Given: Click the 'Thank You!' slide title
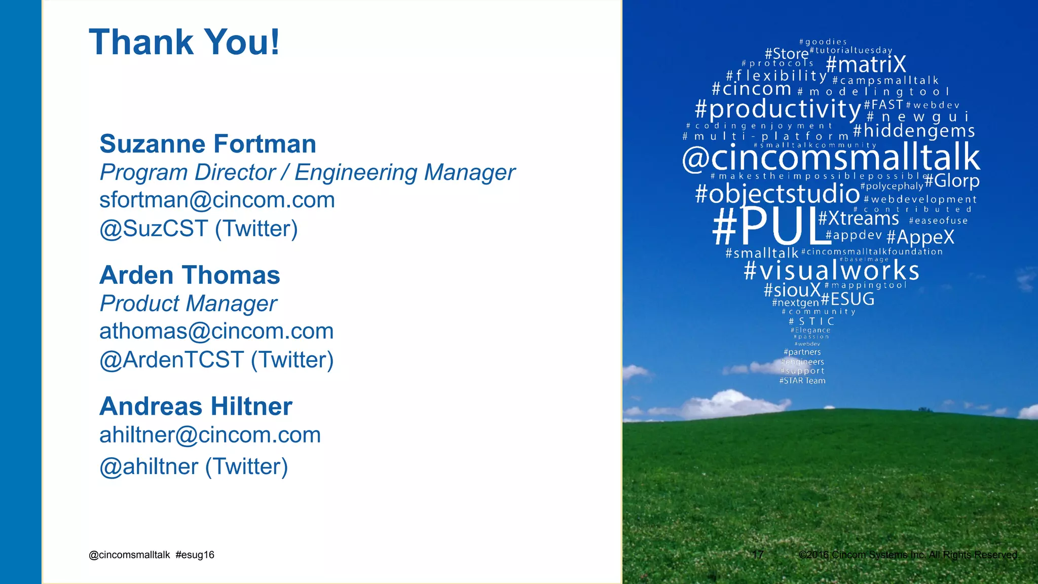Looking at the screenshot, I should click(184, 42).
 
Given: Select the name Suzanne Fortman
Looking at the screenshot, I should click(208, 144).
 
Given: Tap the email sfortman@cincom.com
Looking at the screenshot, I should click(217, 200).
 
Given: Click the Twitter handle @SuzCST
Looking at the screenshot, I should click(154, 229).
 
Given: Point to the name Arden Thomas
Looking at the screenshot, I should click(190, 275).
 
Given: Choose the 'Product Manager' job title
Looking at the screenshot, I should click(188, 304).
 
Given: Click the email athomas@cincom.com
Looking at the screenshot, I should click(216, 332).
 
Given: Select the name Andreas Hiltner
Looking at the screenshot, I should click(196, 407).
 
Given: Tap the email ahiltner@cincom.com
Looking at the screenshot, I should click(210, 435).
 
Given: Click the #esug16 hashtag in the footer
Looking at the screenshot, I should click(195, 555).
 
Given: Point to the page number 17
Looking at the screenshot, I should click(758, 555).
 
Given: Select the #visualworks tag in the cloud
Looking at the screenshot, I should click(831, 271).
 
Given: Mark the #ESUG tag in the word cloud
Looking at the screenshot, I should click(848, 299).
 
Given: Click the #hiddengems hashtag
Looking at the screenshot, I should click(914, 131).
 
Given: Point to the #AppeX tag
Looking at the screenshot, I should click(920, 237).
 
